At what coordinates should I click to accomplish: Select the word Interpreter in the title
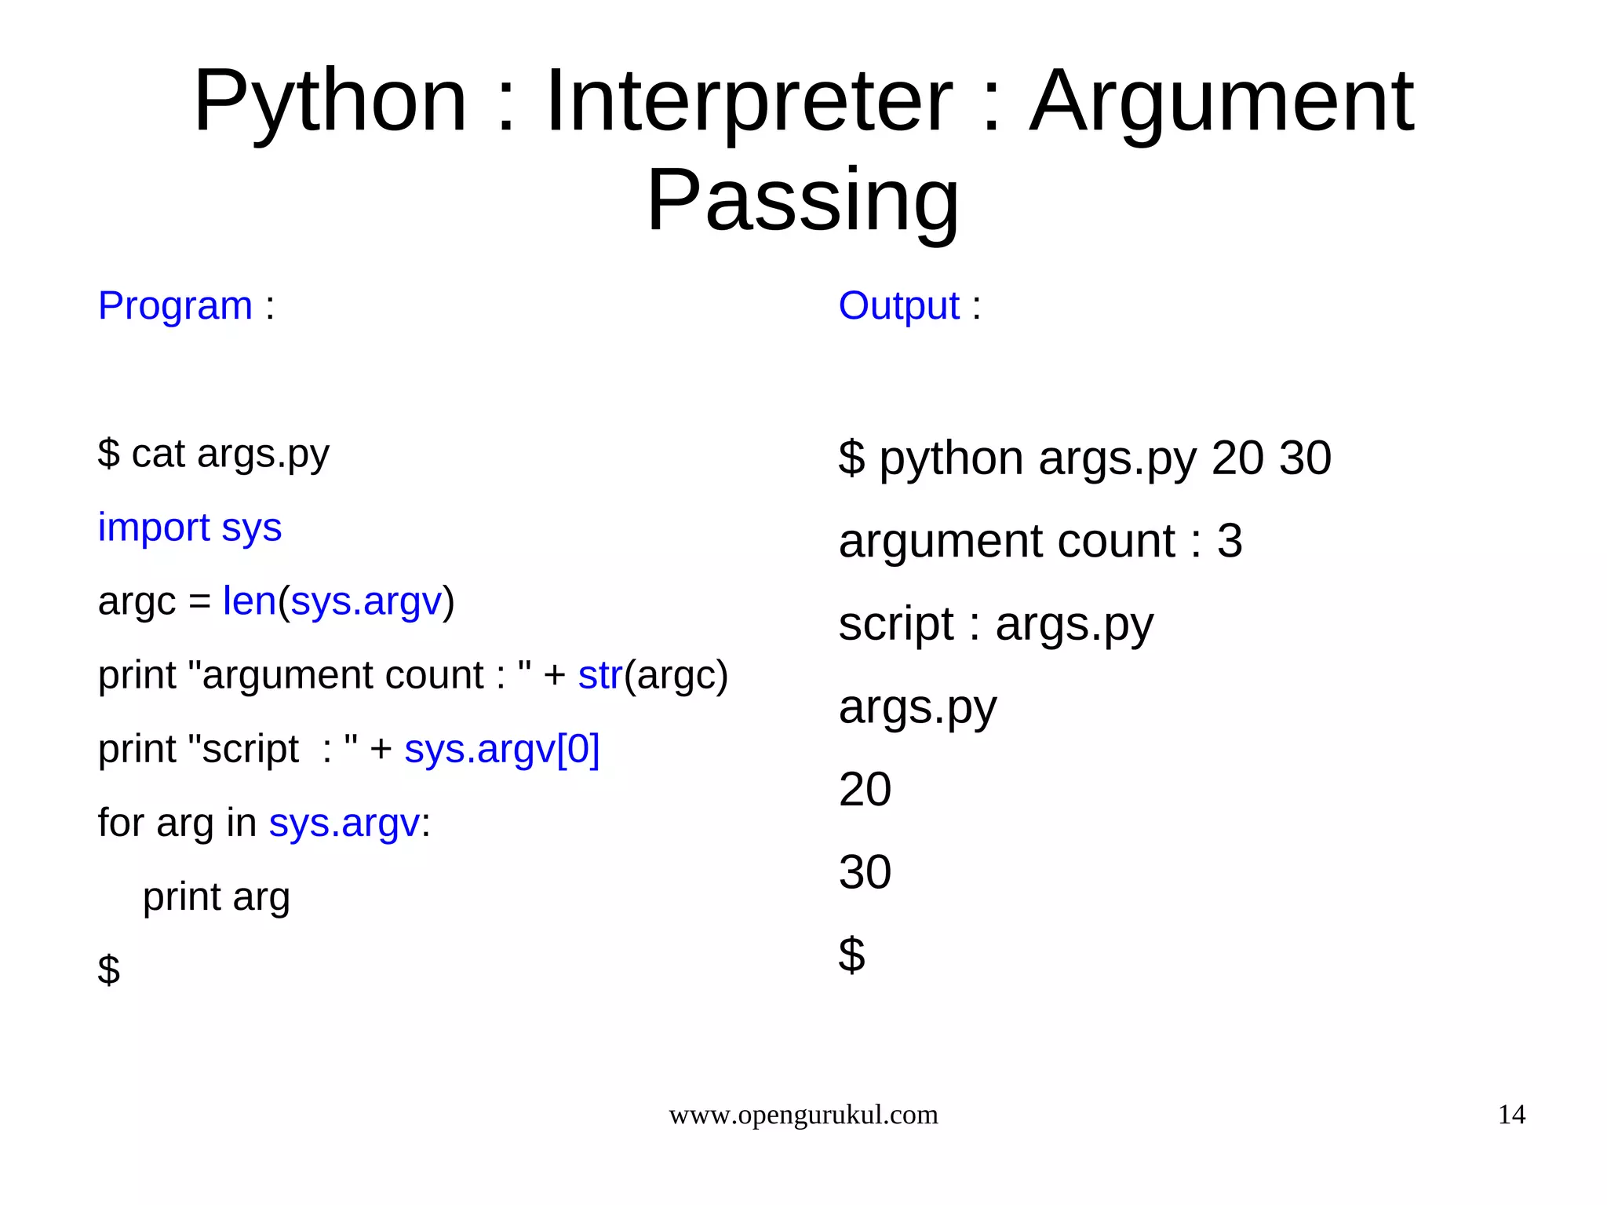pyautogui.click(x=749, y=101)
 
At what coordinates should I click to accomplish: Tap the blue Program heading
pyautogui.click(x=175, y=305)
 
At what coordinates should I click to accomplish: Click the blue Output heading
pyautogui.click(x=898, y=305)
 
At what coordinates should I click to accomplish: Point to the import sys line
pyautogui.click(x=189, y=528)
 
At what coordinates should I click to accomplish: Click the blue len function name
pyautogui.click(x=250, y=601)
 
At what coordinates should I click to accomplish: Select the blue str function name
pyautogui.click(x=600, y=675)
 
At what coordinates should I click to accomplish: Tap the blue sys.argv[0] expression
pyautogui.click(x=501, y=749)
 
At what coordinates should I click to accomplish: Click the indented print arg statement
pyautogui.click(x=216, y=896)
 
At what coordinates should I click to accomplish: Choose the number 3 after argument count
pyautogui.click(x=1230, y=541)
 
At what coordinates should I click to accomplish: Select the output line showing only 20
pyautogui.click(x=865, y=789)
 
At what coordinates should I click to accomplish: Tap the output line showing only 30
pyautogui.click(x=865, y=872)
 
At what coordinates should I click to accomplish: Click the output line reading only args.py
pyautogui.click(x=917, y=707)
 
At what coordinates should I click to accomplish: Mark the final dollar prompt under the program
pyautogui.click(x=109, y=969)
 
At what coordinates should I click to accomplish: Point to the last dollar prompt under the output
pyautogui.click(x=851, y=955)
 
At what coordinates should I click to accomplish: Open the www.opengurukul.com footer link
pyautogui.click(x=803, y=1115)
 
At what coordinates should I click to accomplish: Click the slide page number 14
pyautogui.click(x=1511, y=1115)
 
